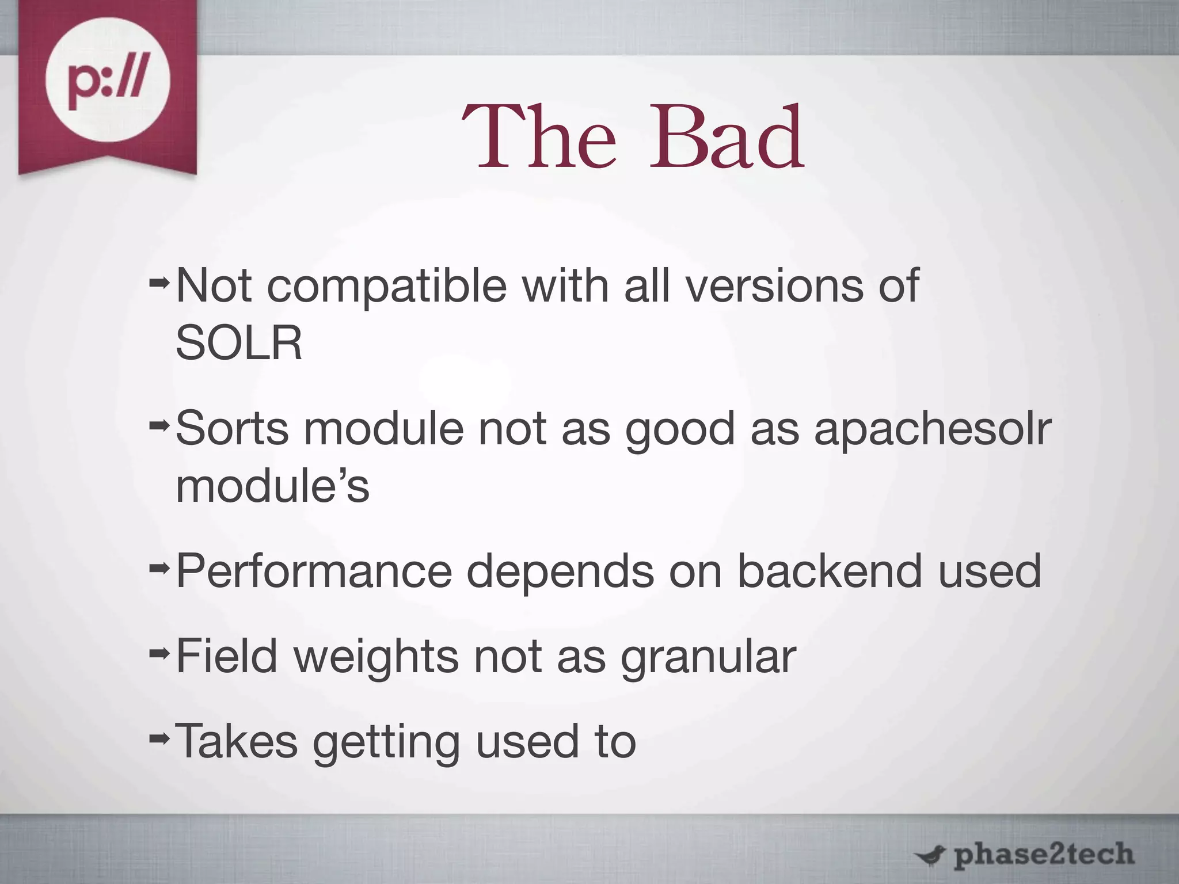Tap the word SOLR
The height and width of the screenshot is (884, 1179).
239,343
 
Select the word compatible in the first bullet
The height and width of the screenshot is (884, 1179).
387,286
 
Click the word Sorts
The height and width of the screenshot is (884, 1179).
232,429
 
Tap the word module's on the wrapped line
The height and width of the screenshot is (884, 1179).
272,486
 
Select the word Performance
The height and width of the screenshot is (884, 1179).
314,571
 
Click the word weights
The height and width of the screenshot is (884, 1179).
376,657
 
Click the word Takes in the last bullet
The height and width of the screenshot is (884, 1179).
237,741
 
